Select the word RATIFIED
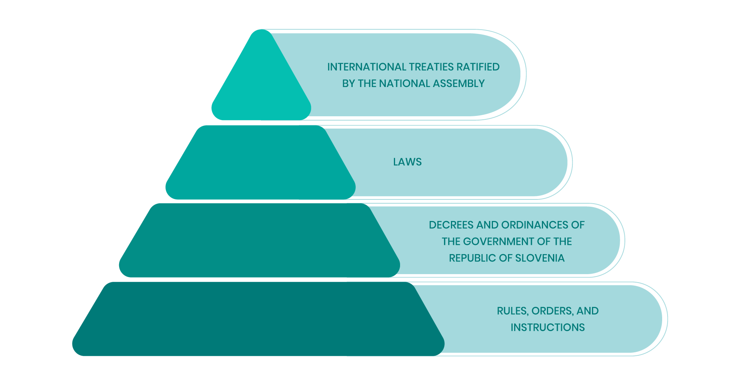tap(478, 67)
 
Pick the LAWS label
tap(407, 162)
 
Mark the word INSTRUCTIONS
tap(548, 328)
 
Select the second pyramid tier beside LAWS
tap(261, 162)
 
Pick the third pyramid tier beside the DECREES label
tap(259, 240)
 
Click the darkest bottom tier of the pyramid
tap(258, 319)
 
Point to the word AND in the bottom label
tap(588, 311)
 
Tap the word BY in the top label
tap(348, 84)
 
